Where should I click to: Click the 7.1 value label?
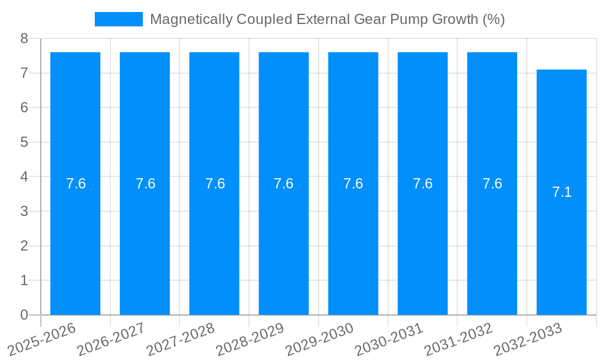[562, 192]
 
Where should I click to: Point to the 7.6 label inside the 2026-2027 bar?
[145, 184]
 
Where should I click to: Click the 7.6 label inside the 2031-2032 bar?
[492, 184]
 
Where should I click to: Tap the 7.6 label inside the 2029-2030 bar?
[353, 184]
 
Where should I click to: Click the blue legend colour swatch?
[118, 19]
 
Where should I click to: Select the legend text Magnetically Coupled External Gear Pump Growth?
[327, 19]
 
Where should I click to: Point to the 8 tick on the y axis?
[24, 39]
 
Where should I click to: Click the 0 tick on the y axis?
[24, 315]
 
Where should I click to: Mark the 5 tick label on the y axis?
[24, 142]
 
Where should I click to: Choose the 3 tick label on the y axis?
[24, 211]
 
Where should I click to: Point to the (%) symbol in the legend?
[493, 19]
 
